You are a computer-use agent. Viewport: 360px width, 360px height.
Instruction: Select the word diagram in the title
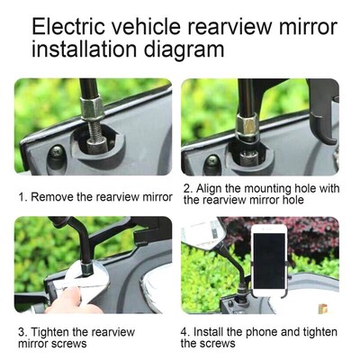(192, 51)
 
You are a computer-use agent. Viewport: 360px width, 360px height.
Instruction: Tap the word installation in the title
(93, 51)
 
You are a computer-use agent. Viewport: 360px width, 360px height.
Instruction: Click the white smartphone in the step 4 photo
(268, 258)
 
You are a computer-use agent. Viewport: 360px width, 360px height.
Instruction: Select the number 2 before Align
(186, 189)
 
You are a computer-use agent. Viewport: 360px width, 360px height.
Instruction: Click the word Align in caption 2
(207, 189)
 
